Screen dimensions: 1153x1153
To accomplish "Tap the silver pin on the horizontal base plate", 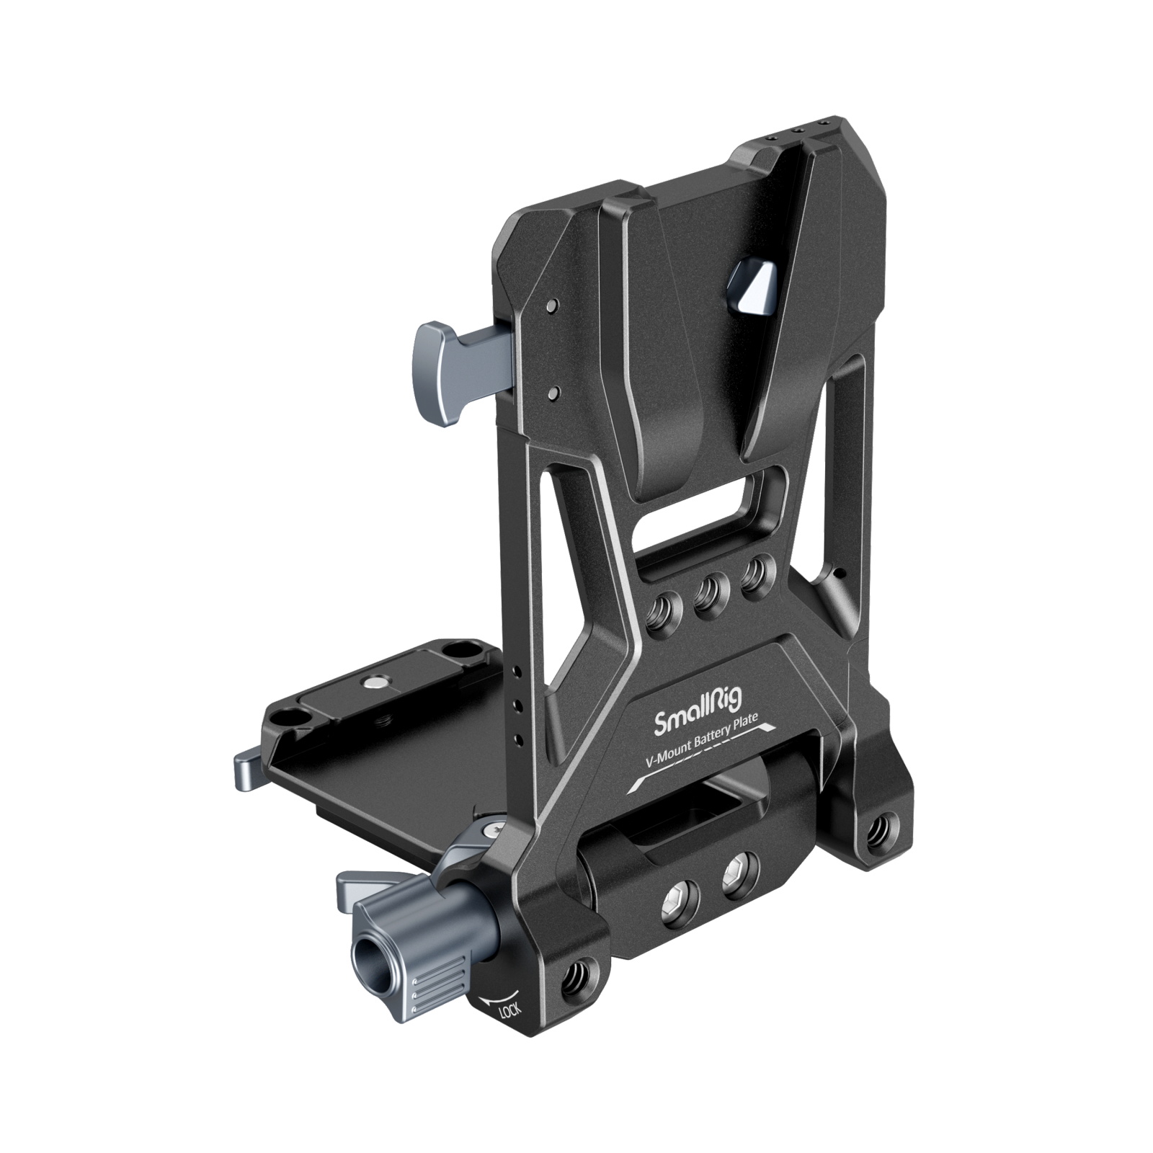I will point(374,681).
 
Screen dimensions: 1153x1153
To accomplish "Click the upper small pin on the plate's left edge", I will point(551,306).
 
